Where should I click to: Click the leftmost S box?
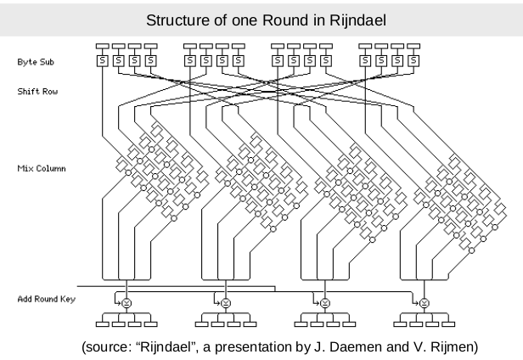(104, 61)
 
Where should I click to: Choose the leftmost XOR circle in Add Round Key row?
(125, 301)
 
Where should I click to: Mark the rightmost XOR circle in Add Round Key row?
(425, 301)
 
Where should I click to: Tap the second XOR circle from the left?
(225, 301)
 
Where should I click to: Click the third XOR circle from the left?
(325, 301)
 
